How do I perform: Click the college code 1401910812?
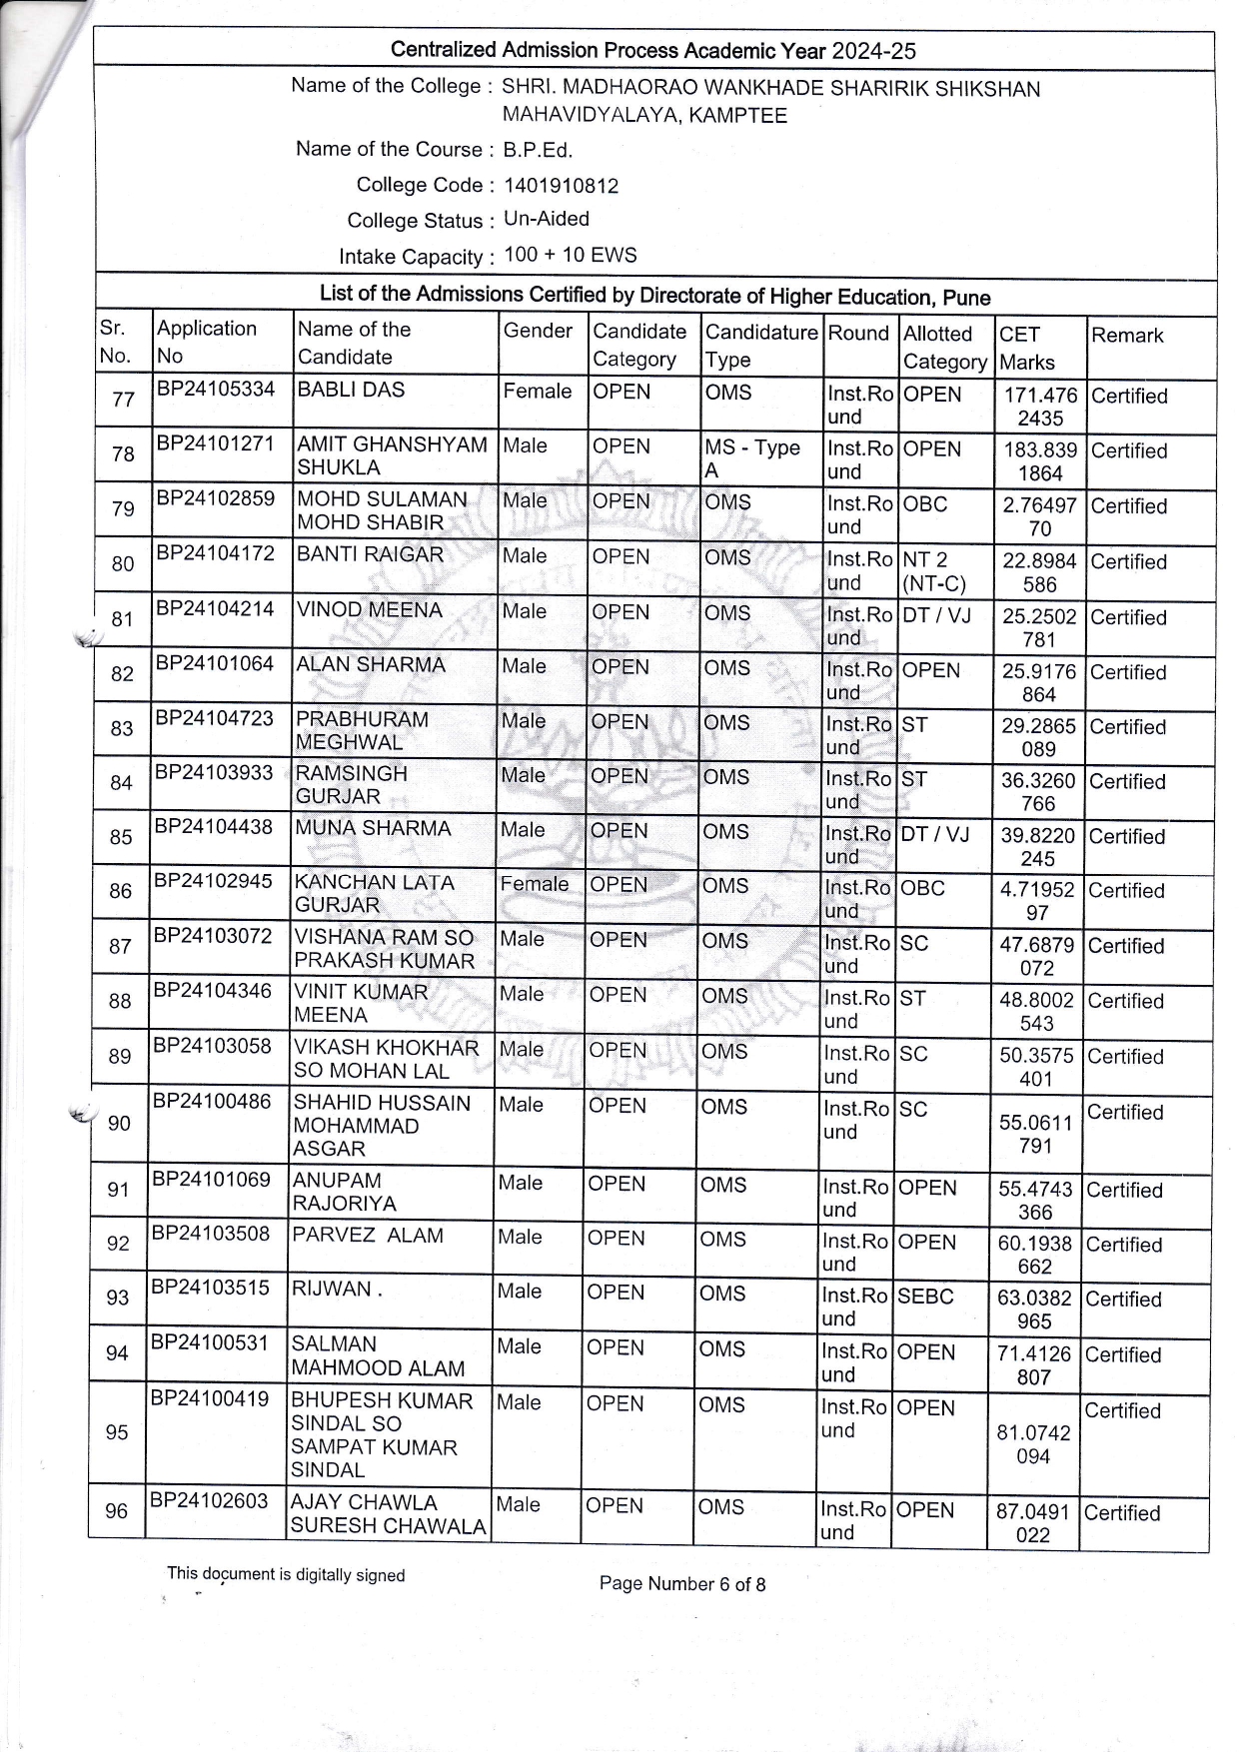561,186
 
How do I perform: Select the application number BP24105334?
215,389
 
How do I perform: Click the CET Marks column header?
1027,348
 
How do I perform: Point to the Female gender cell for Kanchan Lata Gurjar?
534,884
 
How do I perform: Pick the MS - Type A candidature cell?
751,458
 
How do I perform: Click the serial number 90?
119,1124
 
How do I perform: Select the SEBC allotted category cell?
925,1296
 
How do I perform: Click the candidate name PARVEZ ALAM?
367,1236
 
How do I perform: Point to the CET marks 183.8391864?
1040,460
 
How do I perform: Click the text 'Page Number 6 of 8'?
682,1583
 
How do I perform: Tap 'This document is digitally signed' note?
286,1574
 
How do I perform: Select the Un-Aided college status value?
547,219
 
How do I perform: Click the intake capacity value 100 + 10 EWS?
571,255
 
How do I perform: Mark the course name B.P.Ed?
538,151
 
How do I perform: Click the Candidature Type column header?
760,345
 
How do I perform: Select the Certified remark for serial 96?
1122,1513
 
